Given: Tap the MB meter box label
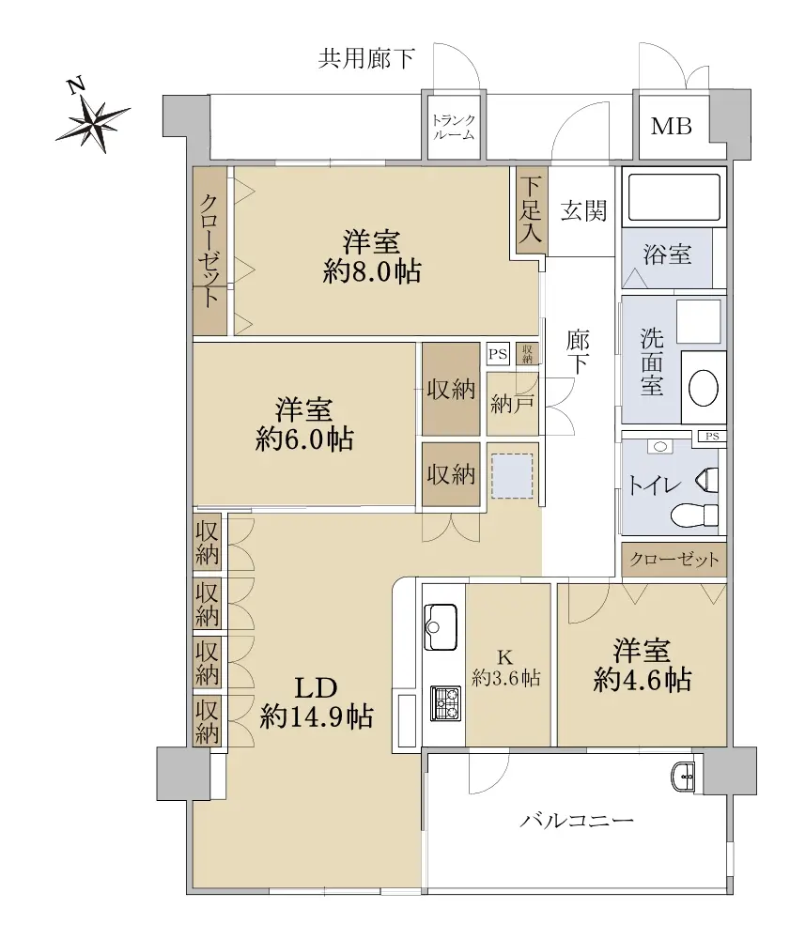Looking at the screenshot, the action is (672, 127).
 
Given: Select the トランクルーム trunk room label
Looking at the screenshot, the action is (454, 128).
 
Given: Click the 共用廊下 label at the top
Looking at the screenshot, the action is (366, 58).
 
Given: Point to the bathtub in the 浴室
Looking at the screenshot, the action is (674, 196).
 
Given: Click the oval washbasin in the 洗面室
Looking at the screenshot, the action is (704, 388).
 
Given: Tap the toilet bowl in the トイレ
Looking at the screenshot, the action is (695, 514).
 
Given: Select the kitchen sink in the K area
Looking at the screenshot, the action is (441, 627).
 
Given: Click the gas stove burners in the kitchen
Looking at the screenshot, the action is (445, 703).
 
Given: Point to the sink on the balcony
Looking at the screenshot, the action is (682, 777).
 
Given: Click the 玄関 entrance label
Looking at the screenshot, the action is (583, 210).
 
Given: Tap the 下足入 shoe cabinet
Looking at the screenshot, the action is (531, 209).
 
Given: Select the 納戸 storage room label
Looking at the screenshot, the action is (512, 405).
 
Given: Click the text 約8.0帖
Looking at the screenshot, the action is (372, 272).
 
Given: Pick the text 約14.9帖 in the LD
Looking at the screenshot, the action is (317, 716).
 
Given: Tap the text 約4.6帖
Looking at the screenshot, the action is (643, 680).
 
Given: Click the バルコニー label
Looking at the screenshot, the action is (576, 820).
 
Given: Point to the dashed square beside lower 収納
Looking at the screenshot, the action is (512, 476).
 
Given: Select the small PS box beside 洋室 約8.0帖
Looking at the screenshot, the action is (498, 354).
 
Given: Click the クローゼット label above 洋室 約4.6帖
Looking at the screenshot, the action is (674, 560).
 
